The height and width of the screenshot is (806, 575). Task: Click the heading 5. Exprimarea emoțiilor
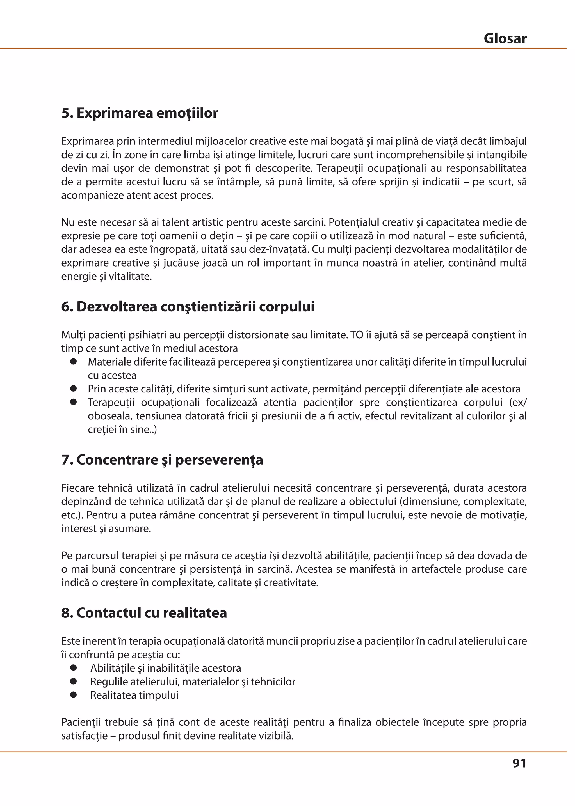[140, 113]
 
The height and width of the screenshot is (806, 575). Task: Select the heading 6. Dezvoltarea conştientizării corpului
[188, 306]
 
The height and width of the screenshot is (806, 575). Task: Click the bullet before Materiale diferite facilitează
[74, 362]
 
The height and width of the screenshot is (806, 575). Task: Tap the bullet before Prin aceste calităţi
[74, 389]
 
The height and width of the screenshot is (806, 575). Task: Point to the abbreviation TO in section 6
[357, 335]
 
